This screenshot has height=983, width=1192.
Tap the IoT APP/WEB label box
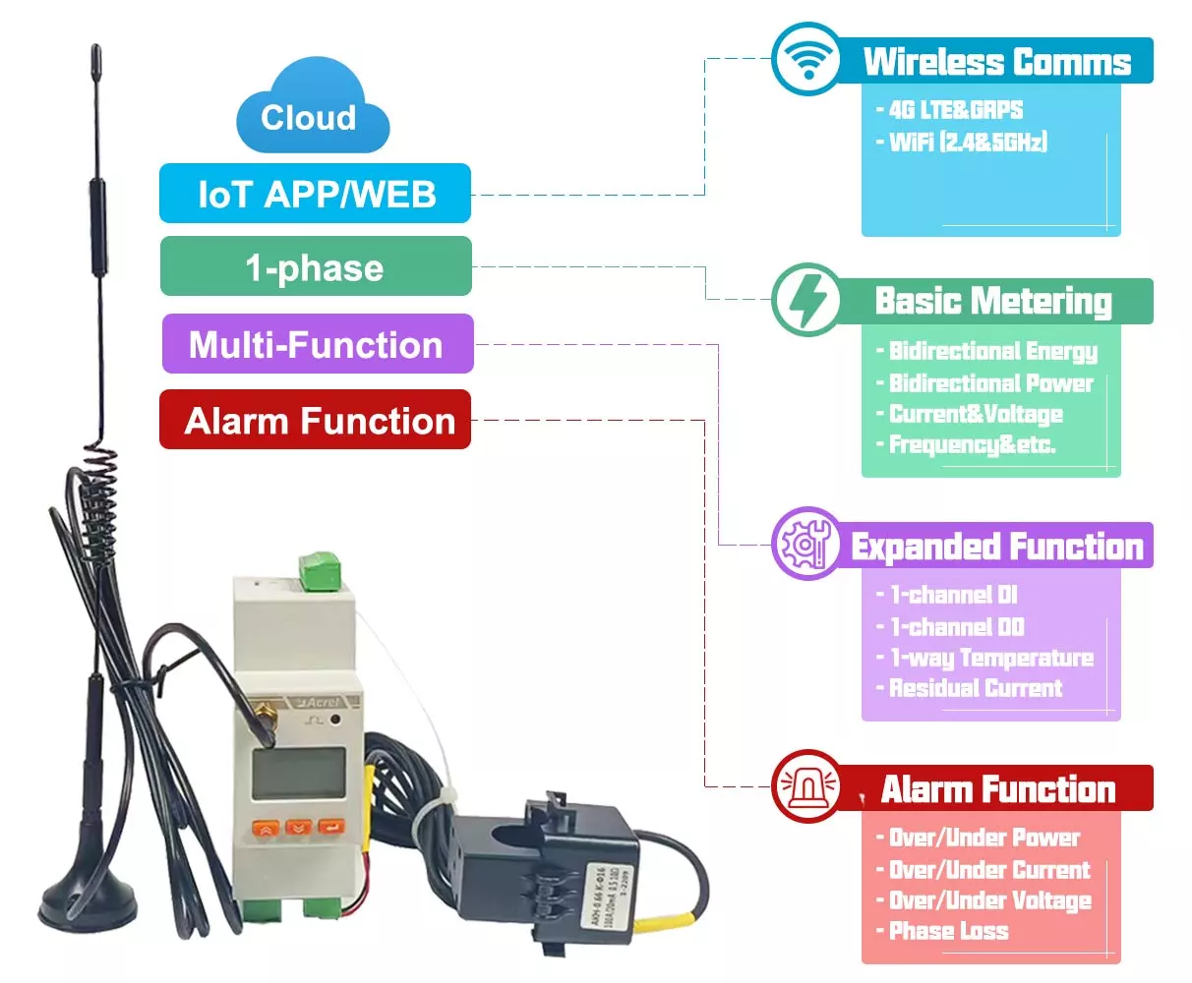coord(315,194)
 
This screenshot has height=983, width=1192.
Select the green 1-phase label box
coord(316,266)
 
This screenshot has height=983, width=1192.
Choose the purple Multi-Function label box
coord(317,344)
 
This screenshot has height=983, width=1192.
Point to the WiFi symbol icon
coord(806,59)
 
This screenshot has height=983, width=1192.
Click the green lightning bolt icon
coord(806,299)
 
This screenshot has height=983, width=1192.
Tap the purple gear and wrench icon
coord(806,544)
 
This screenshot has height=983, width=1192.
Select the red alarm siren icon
coord(806,786)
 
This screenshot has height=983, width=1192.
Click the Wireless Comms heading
coord(996,62)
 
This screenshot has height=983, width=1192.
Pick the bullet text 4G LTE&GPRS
coord(954,110)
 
